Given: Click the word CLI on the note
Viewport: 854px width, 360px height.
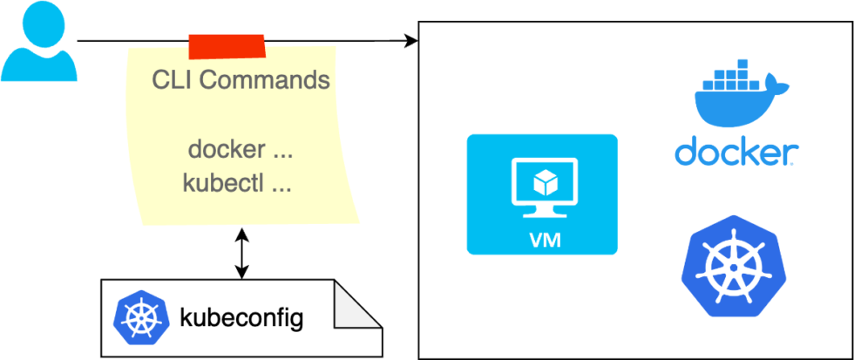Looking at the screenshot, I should point(171,81).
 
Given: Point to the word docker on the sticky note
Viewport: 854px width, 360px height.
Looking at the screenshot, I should point(226,149).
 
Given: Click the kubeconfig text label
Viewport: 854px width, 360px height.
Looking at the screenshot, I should point(241,317).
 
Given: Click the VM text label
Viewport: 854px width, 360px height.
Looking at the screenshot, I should point(542,238).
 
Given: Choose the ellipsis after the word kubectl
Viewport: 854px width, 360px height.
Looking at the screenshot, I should point(281,184).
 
